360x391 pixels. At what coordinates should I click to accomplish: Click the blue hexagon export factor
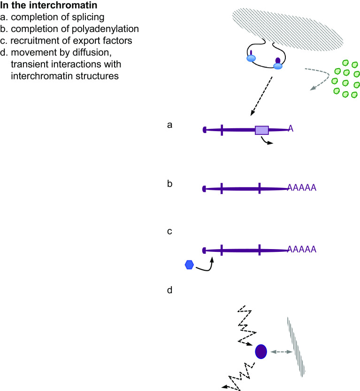pos(189,265)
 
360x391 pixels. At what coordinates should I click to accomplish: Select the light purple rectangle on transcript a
pos(261,130)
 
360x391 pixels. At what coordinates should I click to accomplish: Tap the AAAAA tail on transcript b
pos(301,188)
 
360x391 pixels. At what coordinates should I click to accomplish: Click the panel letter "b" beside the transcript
pos(170,183)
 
